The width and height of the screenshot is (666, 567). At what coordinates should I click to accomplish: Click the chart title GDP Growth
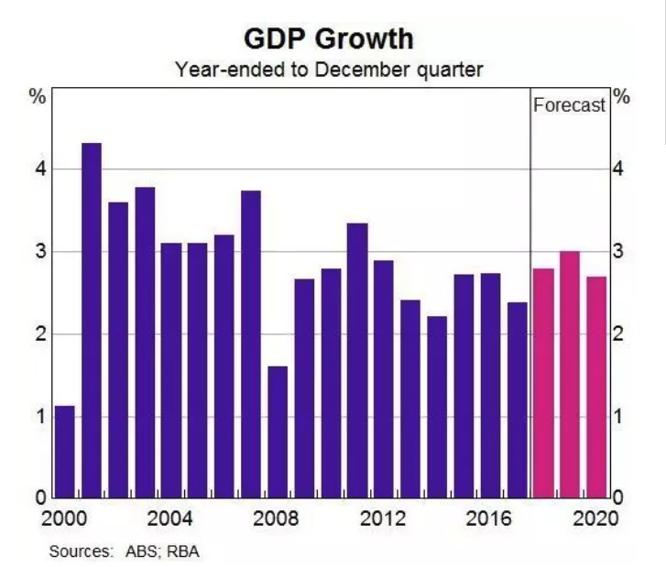[x=328, y=39]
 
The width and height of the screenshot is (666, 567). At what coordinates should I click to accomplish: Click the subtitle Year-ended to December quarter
[x=329, y=69]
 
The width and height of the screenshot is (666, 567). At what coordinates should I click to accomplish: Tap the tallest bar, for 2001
[x=92, y=321]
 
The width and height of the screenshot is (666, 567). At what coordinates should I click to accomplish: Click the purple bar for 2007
[x=251, y=344]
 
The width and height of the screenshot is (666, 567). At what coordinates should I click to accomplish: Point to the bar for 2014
[x=437, y=408]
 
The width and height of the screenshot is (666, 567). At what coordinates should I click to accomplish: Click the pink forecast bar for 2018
[x=543, y=384]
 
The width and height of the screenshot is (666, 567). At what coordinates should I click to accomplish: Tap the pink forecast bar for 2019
[x=570, y=375]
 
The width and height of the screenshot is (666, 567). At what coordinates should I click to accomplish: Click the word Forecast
[x=569, y=105]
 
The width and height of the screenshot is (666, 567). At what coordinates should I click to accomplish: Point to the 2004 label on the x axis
[x=170, y=518]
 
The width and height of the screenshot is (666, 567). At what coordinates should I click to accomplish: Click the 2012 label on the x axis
[x=383, y=518]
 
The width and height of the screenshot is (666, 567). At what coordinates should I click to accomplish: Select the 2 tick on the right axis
[x=619, y=334]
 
